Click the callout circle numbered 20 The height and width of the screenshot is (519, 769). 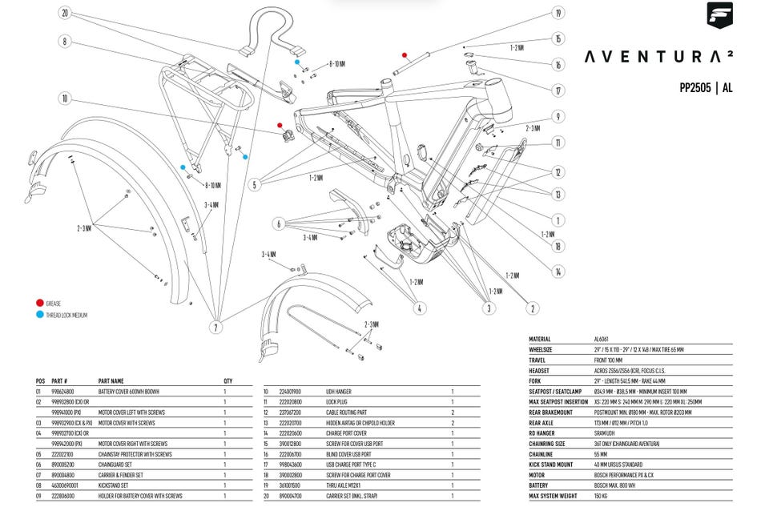pos(64,13)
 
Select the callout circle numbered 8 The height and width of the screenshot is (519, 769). pos(64,42)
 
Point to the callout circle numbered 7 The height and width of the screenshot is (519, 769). pos(215,327)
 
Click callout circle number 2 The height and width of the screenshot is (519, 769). pos(533,308)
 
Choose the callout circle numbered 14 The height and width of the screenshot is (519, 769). pos(558,272)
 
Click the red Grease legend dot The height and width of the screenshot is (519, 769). pos(39,304)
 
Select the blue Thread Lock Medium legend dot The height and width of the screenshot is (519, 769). pos(39,315)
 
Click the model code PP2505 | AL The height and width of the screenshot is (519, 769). pos(705,88)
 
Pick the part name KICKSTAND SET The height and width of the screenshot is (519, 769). pos(115,485)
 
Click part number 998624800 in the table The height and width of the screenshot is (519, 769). pos(64,391)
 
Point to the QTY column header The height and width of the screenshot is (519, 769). pos(228,380)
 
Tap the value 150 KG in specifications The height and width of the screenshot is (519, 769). pos(602,496)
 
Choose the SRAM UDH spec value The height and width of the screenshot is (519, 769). pos(606,433)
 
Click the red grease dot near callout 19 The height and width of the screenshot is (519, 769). pos(405,56)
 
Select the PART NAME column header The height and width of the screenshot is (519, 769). pos(111,380)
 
